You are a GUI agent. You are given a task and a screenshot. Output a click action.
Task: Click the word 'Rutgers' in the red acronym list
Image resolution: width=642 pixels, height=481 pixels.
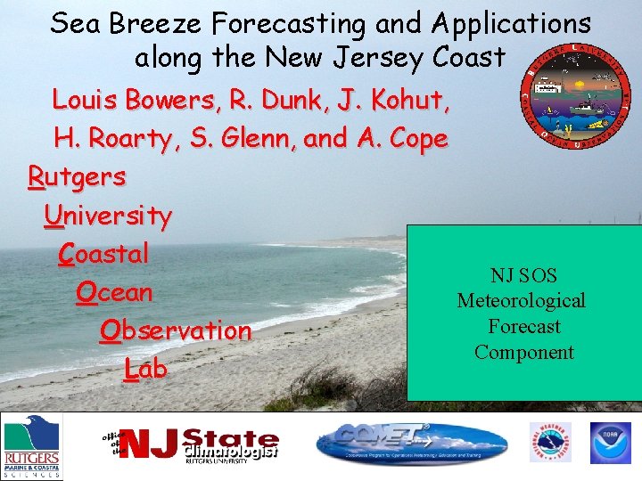pyautogui.click(x=78, y=176)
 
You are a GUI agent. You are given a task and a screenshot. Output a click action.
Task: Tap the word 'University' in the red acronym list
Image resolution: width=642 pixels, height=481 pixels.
pyautogui.click(x=107, y=216)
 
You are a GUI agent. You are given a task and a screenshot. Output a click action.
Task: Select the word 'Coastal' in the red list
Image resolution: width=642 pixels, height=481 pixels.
pyautogui.click(x=103, y=254)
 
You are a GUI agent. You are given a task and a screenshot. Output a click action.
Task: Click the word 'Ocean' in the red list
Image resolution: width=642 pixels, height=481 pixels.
pyautogui.click(x=115, y=292)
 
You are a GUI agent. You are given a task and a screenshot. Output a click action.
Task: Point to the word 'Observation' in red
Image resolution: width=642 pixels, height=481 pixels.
pyautogui.click(x=176, y=330)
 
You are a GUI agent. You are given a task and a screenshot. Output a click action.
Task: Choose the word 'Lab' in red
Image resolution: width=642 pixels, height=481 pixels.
pyautogui.click(x=145, y=369)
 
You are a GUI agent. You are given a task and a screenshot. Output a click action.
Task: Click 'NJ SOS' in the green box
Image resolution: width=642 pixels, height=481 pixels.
pyautogui.click(x=523, y=276)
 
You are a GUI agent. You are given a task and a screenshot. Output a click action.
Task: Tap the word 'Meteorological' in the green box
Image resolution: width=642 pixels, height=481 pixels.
pyautogui.click(x=522, y=301)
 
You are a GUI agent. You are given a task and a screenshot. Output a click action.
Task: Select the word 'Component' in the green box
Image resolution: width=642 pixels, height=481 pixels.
pyautogui.click(x=524, y=352)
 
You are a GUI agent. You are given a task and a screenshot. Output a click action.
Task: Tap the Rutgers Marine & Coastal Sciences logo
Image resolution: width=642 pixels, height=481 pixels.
pyautogui.click(x=31, y=447)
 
